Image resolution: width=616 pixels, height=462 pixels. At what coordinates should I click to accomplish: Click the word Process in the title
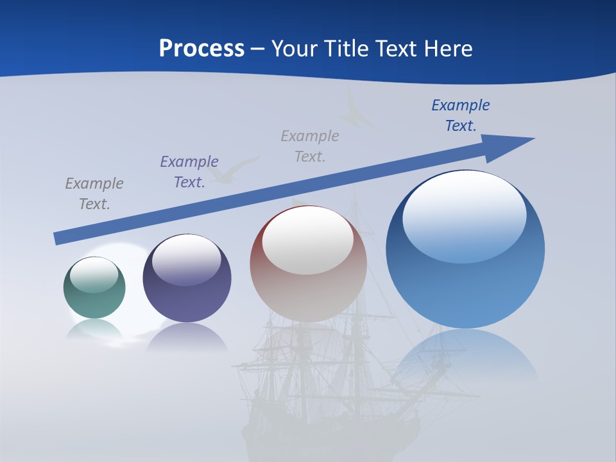pyautogui.click(x=201, y=49)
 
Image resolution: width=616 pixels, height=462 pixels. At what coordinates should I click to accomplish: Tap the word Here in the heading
pyautogui.click(x=448, y=49)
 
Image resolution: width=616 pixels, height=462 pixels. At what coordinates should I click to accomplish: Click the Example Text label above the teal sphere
pyautogui.click(x=94, y=194)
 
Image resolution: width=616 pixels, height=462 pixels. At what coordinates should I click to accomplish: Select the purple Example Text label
pyautogui.click(x=189, y=172)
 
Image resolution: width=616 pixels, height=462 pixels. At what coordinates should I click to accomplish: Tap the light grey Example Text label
pyautogui.click(x=310, y=146)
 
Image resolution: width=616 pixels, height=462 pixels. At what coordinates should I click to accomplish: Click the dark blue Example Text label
pyautogui.click(x=461, y=116)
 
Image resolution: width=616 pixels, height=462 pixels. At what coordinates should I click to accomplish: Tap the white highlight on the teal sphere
pyautogui.click(x=94, y=274)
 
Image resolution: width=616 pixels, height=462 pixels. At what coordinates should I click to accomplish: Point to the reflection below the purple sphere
pyautogui.click(x=187, y=337)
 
